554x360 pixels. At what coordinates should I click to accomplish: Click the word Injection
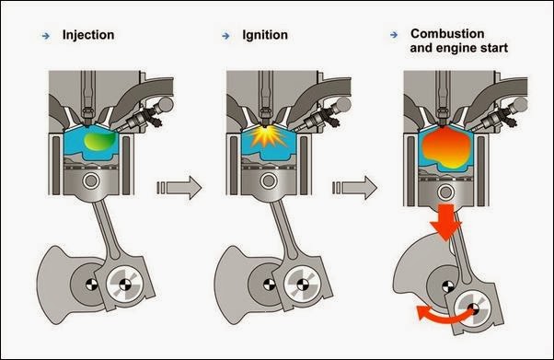88,35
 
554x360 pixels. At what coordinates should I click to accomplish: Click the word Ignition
265,35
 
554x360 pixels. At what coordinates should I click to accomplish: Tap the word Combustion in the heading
447,33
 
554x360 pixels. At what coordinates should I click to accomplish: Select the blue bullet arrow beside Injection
46,36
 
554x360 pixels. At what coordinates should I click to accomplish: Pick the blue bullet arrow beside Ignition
225,36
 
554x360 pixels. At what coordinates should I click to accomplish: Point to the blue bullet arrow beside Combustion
394,35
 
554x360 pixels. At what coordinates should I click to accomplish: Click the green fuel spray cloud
100,141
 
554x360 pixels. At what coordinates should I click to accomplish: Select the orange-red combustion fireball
446,147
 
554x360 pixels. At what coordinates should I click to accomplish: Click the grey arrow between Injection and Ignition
179,188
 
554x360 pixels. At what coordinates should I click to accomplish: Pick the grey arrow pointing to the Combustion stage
355,188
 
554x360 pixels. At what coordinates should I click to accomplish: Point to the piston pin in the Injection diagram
91,180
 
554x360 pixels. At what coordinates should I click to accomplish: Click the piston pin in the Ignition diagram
269,180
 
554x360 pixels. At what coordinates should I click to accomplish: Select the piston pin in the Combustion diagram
446,192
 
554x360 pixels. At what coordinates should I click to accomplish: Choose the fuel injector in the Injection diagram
144,116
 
